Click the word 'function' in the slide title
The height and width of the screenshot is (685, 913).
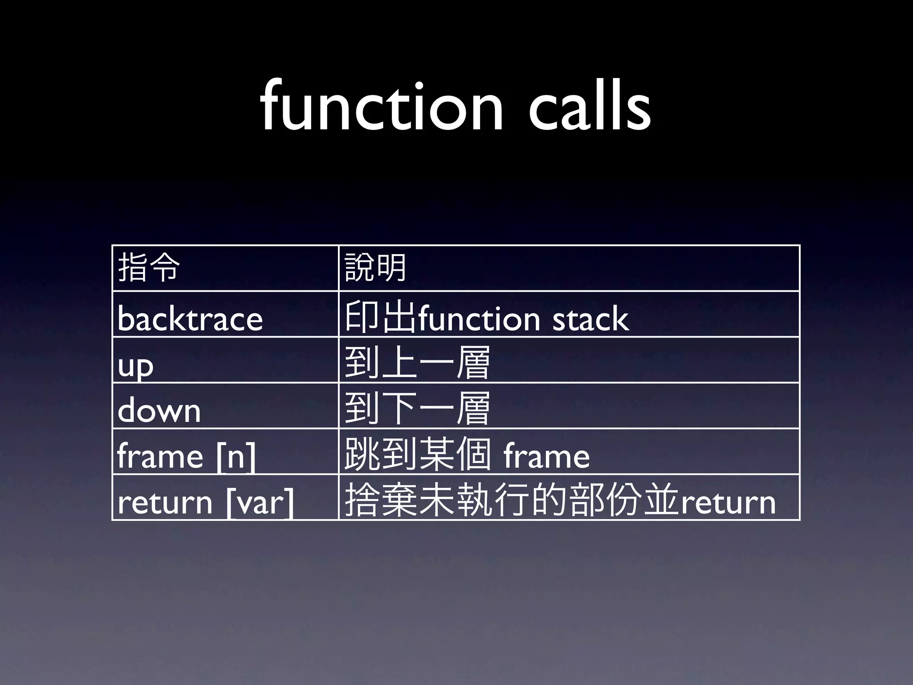tap(382, 107)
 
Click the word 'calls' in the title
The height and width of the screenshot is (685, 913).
tap(589, 107)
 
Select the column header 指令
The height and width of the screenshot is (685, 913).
tap(149, 268)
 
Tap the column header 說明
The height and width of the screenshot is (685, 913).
tap(375, 268)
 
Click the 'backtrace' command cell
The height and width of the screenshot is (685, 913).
tap(190, 318)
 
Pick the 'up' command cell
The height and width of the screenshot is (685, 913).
tap(136, 366)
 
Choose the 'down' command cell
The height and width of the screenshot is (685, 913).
tap(159, 410)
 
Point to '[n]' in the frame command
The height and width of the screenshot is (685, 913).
tap(236, 457)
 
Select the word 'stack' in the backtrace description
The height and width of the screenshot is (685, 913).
tap(590, 318)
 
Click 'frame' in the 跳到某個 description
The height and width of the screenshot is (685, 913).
tap(547, 456)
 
